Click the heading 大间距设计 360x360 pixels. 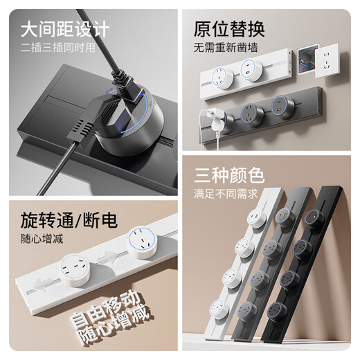(x=65, y=30)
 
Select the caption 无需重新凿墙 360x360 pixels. (x=226, y=49)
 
